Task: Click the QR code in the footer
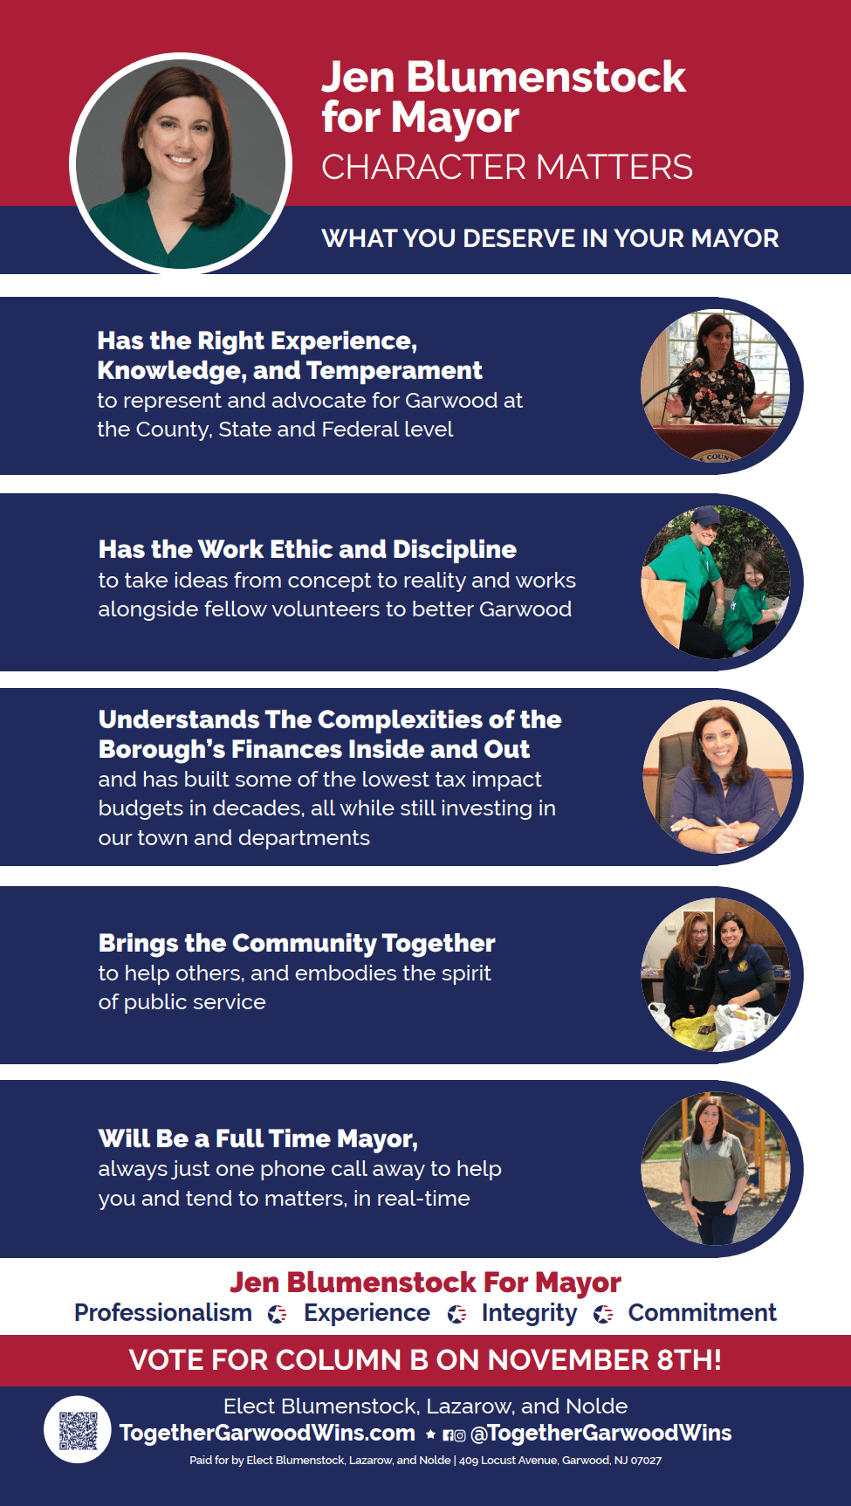coord(78,1429)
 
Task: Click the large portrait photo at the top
coord(181,163)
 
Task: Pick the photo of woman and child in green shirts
coord(716,581)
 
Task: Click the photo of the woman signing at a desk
coord(717,777)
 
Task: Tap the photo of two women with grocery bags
coord(716,974)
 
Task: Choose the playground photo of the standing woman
coord(716,1169)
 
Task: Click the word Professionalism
coord(163,1313)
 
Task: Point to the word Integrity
coord(529,1314)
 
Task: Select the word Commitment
coord(702,1313)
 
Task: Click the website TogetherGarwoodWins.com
coord(267,1433)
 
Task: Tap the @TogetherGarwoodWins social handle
coord(601,1433)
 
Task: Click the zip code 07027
coord(646,1460)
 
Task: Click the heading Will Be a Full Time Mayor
coord(258,1139)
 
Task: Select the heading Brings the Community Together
coord(297,944)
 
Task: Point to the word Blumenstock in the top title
coord(546,77)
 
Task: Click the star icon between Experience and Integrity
coord(456,1314)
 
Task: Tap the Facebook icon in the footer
coord(448,1434)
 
